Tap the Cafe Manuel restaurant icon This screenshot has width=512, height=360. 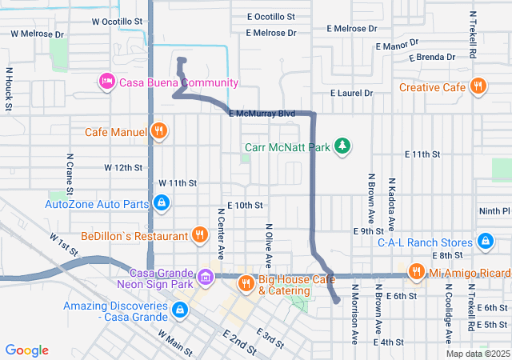tap(159, 131)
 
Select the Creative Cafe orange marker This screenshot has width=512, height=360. tap(478, 87)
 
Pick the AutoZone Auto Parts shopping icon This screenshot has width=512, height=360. tap(162, 204)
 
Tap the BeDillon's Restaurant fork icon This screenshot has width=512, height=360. tap(199, 236)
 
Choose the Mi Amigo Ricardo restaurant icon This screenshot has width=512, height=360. tap(416, 273)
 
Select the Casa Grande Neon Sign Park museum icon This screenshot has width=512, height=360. tap(206, 277)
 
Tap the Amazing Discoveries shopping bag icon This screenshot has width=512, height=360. tap(181, 309)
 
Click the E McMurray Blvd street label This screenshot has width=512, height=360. tap(262, 114)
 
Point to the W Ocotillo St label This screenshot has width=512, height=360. tap(117, 22)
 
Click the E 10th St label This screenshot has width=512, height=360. tap(245, 206)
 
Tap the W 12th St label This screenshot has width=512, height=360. tap(122, 168)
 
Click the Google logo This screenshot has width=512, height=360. tap(27, 350)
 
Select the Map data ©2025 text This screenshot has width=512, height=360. tap(477, 354)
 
